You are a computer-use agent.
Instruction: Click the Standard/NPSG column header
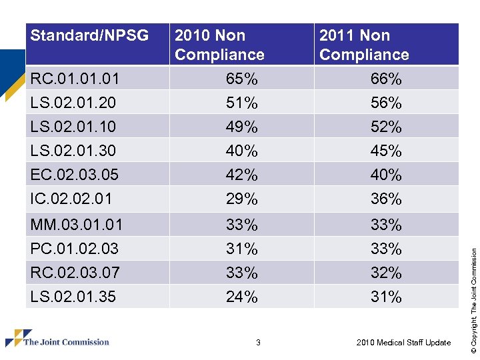90,35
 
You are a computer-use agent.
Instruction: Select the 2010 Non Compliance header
219,45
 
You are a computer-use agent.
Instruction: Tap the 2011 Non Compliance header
364,45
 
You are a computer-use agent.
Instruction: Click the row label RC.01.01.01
75,79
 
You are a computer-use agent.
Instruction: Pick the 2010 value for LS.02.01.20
242,103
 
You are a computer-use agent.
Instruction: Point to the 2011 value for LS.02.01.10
386,127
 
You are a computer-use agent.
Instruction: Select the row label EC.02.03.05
75,175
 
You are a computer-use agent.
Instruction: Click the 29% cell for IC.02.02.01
242,199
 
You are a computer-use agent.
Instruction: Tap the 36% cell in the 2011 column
386,199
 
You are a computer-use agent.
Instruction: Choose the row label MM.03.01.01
77,224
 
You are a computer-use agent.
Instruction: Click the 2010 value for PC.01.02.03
242,249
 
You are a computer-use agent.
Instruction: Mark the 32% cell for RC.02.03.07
386,273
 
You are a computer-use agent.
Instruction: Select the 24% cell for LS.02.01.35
242,297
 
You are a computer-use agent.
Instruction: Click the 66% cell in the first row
386,79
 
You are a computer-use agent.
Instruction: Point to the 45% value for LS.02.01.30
386,151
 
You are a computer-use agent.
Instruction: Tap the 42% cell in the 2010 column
242,175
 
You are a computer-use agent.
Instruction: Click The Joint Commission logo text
66,342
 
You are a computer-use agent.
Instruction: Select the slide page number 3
258,343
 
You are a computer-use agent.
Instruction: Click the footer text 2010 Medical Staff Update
403,343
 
